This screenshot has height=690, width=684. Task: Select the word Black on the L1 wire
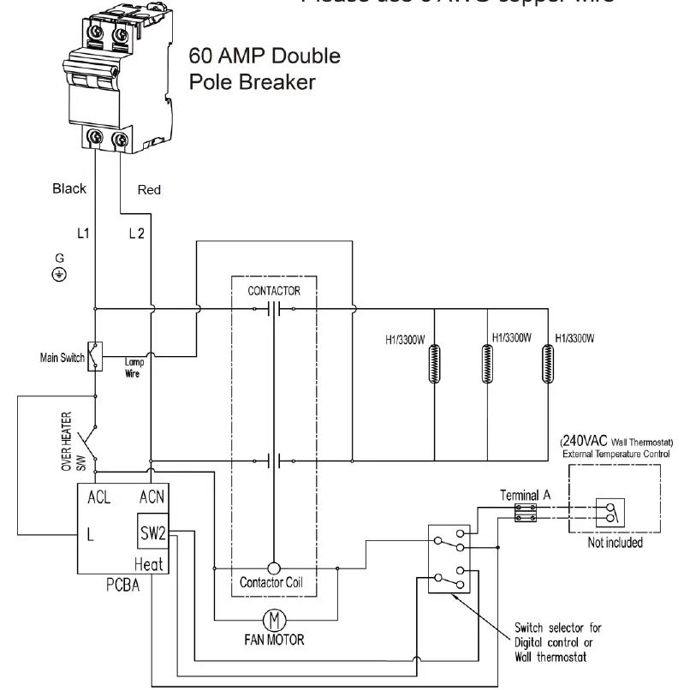pos(68,189)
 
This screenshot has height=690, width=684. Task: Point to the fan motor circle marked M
pos(275,618)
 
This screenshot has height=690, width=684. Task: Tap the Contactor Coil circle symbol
pos(274,568)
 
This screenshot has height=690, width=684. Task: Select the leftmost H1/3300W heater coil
pos(431,366)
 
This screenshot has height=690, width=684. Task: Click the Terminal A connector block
pos(521,511)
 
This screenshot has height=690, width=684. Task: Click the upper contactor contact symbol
pos(274,309)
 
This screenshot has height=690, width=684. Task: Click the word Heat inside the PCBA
pos(151,564)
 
